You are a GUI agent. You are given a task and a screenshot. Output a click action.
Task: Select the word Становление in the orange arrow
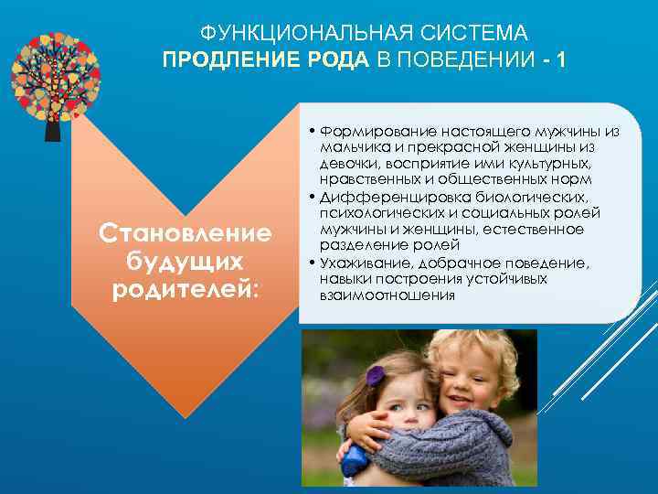pyautogui.click(x=186, y=232)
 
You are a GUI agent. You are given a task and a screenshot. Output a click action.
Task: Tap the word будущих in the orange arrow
pyautogui.click(x=186, y=261)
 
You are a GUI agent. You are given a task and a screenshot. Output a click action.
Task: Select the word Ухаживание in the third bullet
pyautogui.click(x=365, y=263)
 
